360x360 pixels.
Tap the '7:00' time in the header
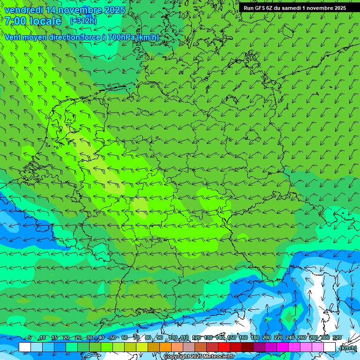click(15, 21)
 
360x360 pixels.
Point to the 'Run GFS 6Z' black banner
click(294, 7)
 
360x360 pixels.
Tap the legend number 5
click(30, 337)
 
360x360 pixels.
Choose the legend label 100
click(173, 337)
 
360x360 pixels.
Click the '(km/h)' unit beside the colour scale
click(348, 348)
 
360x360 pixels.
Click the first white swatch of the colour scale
click(25, 347)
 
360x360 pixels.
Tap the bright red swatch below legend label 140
click(224, 347)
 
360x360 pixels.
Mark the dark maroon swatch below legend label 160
click(247, 347)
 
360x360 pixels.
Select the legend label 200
click(267, 337)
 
